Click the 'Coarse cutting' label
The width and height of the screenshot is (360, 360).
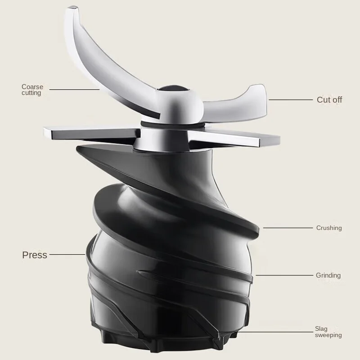coord(32,90)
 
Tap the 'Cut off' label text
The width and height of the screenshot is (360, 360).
coord(329,99)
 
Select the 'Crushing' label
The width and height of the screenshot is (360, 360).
coord(329,228)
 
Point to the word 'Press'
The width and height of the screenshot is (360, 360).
coord(35,255)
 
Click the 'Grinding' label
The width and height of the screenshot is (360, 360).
coord(328,275)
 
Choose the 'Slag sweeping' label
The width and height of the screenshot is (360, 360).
coord(328,332)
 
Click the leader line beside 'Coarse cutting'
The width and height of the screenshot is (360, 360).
coord(74,90)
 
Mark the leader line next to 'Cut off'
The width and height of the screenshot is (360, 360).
coord(291,100)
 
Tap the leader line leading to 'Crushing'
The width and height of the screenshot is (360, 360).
coord(288,228)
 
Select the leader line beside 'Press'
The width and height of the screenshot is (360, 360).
coord(67,254)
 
